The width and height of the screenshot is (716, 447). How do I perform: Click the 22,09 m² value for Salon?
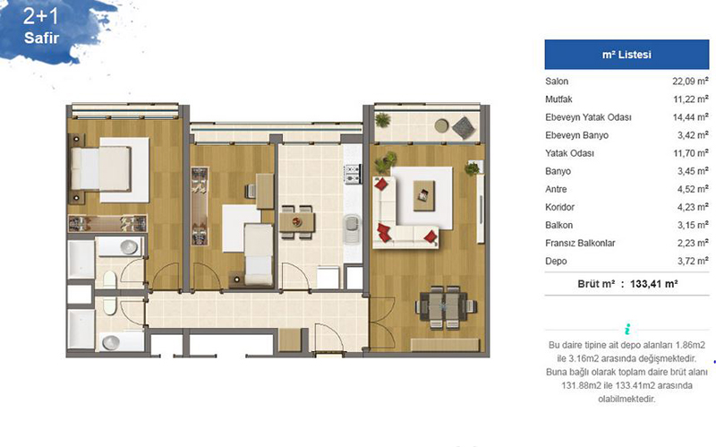[690, 82]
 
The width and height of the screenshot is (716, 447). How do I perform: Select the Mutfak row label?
[558, 99]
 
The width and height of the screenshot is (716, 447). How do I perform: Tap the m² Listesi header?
[626, 55]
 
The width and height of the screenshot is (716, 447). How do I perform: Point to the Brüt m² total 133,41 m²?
[627, 284]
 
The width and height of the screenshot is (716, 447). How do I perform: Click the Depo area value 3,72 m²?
[693, 261]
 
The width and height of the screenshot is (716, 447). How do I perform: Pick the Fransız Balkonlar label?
[580, 243]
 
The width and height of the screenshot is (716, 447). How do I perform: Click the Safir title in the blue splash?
[41, 38]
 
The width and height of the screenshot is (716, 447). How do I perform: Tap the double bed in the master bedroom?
[101, 168]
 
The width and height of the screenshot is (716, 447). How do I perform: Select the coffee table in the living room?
[423, 195]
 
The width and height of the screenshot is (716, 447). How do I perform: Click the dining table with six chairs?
[445, 307]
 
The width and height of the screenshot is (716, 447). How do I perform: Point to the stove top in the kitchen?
[353, 174]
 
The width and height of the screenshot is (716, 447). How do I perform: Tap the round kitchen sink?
[351, 224]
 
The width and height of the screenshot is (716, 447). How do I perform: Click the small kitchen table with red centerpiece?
[297, 222]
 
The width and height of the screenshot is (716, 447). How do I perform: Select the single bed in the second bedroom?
[259, 254]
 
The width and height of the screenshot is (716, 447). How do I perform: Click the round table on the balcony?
[441, 125]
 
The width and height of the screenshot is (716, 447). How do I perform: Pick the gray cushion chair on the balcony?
[464, 128]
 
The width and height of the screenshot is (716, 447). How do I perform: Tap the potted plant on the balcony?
[382, 120]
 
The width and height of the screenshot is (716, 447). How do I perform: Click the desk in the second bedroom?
[265, 191]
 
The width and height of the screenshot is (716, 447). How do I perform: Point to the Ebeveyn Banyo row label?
[576, 135]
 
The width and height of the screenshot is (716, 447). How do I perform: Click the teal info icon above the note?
[627, 329]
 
